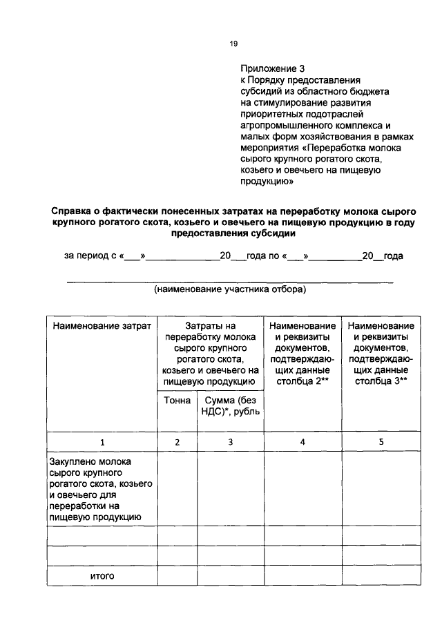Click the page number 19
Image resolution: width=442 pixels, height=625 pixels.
233,44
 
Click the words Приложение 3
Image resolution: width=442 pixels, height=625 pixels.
272,68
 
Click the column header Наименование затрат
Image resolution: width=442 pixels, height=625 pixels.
102,325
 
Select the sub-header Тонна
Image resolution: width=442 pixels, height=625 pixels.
177,401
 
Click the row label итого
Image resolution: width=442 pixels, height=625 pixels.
102,575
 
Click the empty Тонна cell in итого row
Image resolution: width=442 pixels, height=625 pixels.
177,575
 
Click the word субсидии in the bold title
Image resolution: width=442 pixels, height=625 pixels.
277,233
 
